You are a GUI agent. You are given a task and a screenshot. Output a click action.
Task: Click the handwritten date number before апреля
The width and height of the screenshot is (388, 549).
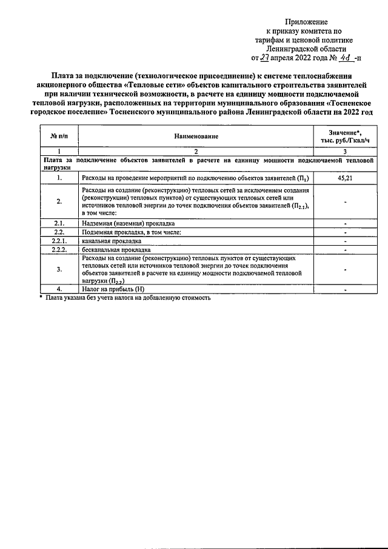[x=265, y=59]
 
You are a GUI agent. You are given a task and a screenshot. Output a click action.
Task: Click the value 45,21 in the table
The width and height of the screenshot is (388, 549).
[x=344, y=178]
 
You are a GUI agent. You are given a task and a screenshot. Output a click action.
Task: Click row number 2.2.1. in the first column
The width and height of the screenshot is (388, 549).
[x=59, y=241]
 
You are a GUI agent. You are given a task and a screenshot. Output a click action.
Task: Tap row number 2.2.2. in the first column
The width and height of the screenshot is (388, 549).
[x=59, y=249]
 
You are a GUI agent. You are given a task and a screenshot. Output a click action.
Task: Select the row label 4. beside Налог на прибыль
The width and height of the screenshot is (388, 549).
[x=59, y=289]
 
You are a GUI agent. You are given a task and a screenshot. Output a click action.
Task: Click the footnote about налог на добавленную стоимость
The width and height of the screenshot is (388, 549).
[x=127, y=298]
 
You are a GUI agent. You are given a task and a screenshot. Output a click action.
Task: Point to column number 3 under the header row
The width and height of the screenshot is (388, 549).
[x=344, y=150]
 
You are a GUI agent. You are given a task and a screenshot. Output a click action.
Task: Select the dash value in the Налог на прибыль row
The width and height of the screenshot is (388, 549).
[x=344, y=289]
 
